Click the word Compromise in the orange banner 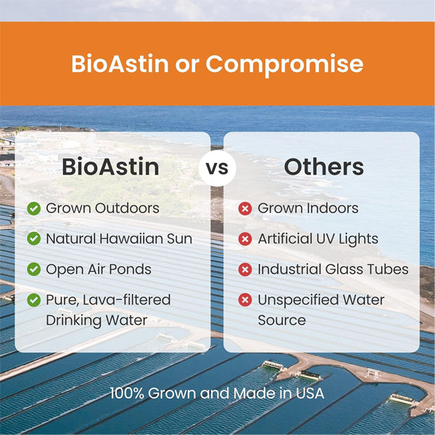coord(284,64)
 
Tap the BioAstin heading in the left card coord(110,167)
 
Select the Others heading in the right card coord(323,167)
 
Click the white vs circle coord(217,168)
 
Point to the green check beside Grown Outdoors coord(33,209)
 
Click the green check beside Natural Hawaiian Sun coord(33,239)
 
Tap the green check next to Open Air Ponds coord(33,269)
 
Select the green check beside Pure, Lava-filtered coord(33,299)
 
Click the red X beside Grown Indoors coord(245,209)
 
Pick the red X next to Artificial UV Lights coord(245,239)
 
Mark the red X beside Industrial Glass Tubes coord(245,269)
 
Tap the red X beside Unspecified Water coord(245,299)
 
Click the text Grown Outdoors coord(102,209)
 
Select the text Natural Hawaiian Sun coord(119,239)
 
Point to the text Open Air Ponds coord(99,269)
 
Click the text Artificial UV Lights coord(318,239)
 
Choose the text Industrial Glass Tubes coord(333,269)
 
